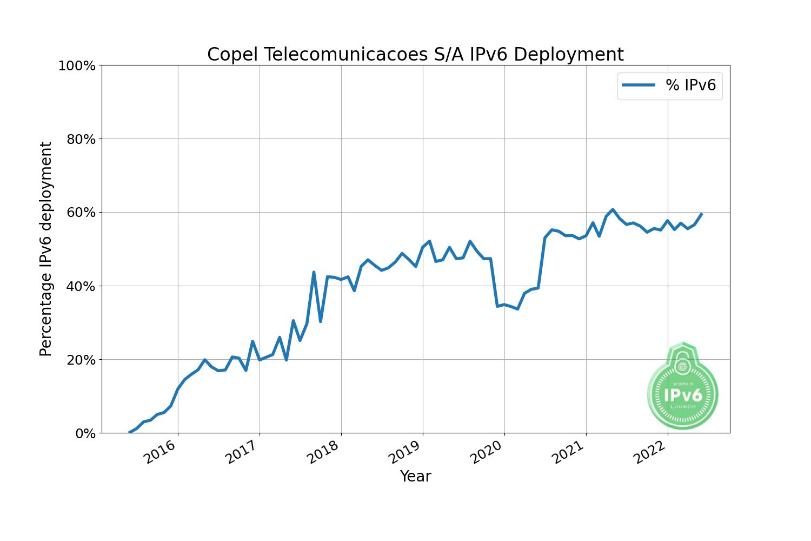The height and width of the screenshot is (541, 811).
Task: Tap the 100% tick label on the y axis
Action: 77,66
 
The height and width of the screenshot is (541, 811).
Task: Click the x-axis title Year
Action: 415,477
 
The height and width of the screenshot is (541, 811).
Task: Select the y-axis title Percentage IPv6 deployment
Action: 46,249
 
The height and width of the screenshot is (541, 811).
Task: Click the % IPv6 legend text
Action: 690,85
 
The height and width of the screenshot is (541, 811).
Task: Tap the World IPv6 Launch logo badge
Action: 683,388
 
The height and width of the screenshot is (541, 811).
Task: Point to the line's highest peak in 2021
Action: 613,209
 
